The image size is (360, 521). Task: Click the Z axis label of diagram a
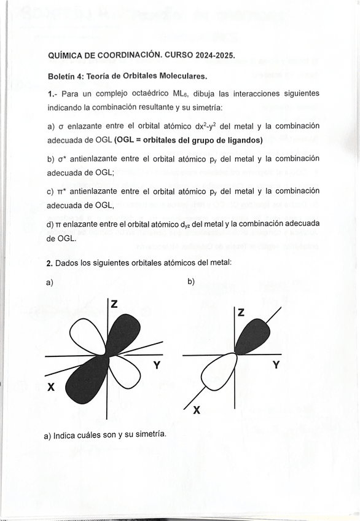click(114, 304)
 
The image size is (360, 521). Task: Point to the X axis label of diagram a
click(52, 387)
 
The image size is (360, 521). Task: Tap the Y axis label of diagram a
click(157, 365)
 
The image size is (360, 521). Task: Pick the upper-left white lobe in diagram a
click(88, 335)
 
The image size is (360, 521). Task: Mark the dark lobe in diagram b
click(251, 337)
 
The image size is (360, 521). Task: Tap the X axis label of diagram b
click(196, 411)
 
